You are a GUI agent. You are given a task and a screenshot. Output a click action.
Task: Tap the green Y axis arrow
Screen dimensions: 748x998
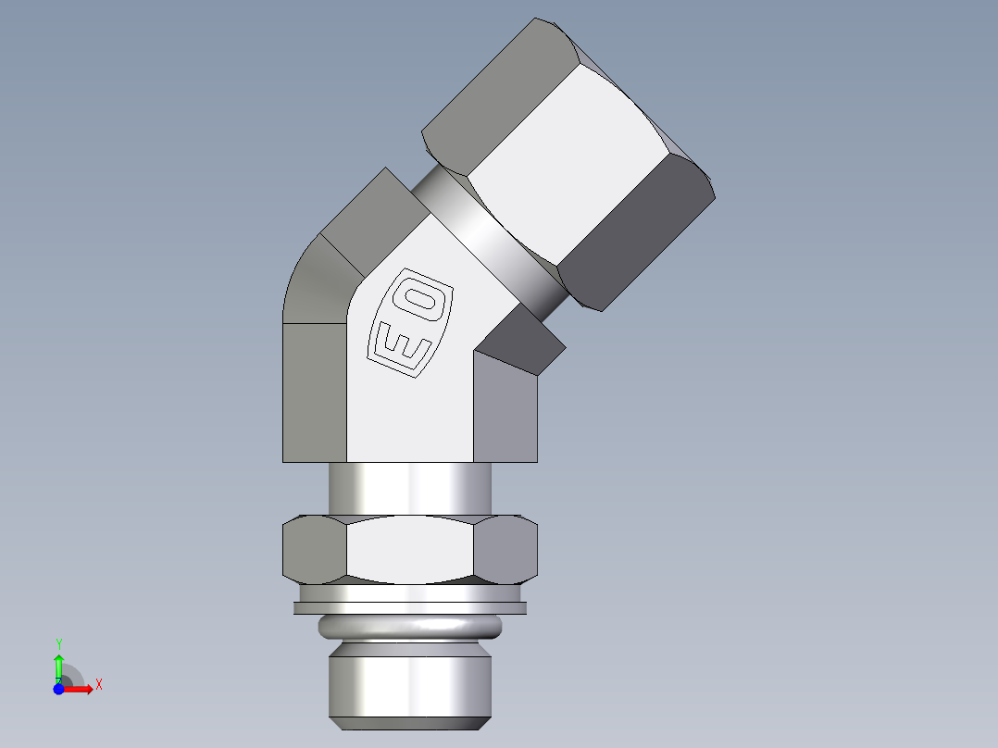58,665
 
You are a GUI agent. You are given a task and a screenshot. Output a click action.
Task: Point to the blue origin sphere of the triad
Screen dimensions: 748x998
58,690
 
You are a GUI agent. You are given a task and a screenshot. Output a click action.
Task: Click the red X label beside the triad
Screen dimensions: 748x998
99,685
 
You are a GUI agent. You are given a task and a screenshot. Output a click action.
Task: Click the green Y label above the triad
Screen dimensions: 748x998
58,643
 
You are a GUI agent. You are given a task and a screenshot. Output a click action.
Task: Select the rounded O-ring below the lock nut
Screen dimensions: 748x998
409,627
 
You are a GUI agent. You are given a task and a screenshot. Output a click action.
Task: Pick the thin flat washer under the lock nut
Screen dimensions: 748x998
409,608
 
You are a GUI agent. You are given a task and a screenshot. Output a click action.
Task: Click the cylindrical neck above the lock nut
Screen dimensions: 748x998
409,487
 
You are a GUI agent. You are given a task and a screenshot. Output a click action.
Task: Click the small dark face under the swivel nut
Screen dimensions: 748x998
523,338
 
